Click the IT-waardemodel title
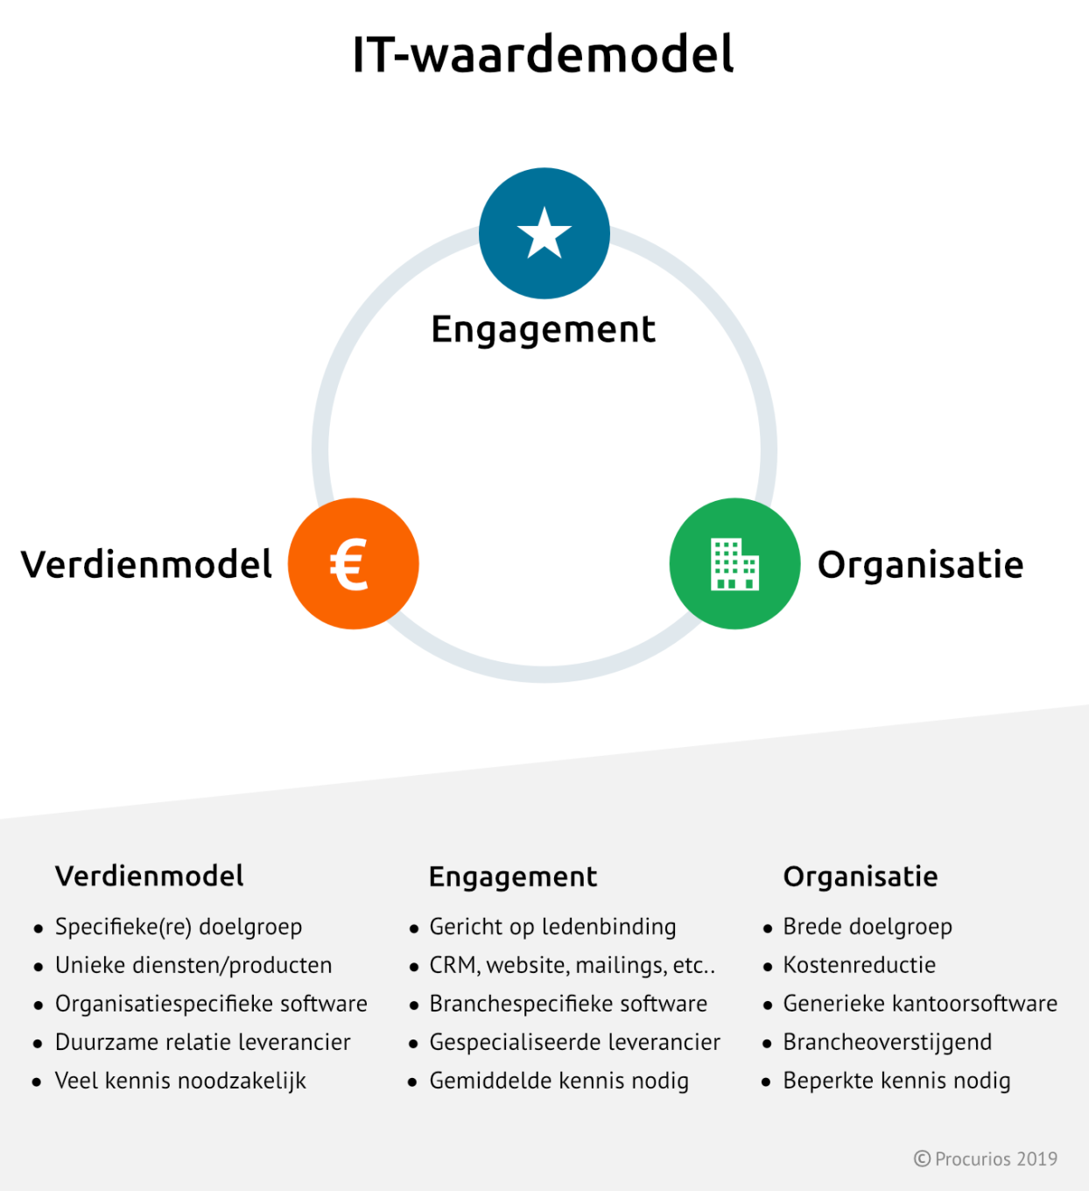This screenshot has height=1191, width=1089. tap(544, 54)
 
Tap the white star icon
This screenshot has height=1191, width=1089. tap(544, 233)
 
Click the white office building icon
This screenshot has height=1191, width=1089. tap(734, 564)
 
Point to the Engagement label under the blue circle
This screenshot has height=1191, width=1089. tap(544, 329)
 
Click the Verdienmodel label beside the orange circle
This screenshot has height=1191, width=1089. tap(146, 564)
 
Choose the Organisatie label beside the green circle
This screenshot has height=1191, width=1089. tap(920, 565)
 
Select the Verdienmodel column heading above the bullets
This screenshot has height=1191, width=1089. tap(149, 876)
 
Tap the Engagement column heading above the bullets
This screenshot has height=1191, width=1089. tap(513, 877)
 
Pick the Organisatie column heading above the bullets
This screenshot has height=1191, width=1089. tap(861, 877)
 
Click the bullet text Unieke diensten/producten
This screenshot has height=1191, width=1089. tap(193, 966)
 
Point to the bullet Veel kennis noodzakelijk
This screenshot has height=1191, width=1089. tap(180, 1082)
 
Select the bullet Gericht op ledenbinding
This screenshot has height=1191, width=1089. tap(552, 927)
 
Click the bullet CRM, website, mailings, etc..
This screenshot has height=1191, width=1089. tap(573, 966)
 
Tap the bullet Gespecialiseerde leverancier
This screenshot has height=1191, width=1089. tap(575, 1043)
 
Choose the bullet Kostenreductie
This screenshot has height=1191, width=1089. tap(859, 965)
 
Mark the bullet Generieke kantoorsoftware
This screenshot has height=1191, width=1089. tap(920, 1004)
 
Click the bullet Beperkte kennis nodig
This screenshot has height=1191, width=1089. tap(896, 1082)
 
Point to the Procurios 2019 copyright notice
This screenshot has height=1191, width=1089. tap(986, 1159)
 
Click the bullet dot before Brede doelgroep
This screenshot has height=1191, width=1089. tap(767, 929)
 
